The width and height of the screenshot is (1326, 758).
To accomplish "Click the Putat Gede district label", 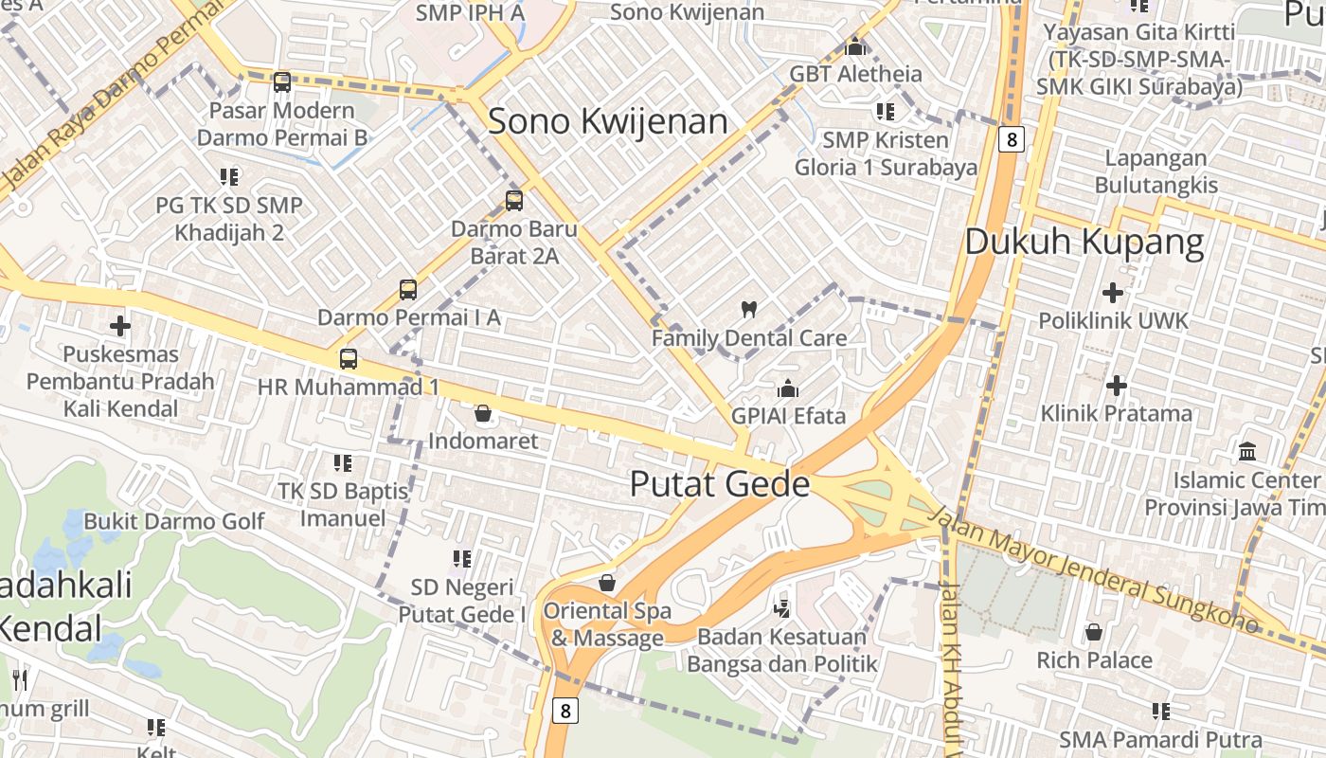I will (720, 484).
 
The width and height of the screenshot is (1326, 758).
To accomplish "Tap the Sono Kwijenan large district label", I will (608, 121).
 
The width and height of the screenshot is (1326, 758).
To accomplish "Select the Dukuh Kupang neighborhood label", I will (1084, 242).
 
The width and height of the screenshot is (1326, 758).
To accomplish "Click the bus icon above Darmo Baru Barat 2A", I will (514, 201).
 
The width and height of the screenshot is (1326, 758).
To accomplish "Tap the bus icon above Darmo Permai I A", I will (408, 290).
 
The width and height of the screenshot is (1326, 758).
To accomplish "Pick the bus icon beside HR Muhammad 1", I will (349, 359).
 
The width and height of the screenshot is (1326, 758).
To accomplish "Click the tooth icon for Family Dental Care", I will (748, 309).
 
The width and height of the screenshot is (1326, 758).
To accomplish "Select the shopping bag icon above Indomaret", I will (483, 413).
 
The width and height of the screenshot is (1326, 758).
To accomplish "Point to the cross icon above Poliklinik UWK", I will (1113, 293).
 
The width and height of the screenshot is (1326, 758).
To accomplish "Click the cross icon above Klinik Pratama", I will (1117, 386).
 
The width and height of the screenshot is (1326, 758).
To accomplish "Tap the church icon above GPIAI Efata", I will (788, 388).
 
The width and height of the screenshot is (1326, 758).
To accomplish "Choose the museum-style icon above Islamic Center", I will (1247, 451).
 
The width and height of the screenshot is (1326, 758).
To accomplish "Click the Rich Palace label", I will (1094, 660).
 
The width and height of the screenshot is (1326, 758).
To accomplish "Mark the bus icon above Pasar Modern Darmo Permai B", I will (282, 82).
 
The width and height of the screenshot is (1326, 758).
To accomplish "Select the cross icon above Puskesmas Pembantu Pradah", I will (120, 327).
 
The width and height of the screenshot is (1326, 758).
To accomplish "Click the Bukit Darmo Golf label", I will (174, 521).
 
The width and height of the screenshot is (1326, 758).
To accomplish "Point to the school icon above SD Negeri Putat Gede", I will (462, 559).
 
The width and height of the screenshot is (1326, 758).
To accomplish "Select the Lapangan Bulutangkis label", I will (1156, 171).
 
